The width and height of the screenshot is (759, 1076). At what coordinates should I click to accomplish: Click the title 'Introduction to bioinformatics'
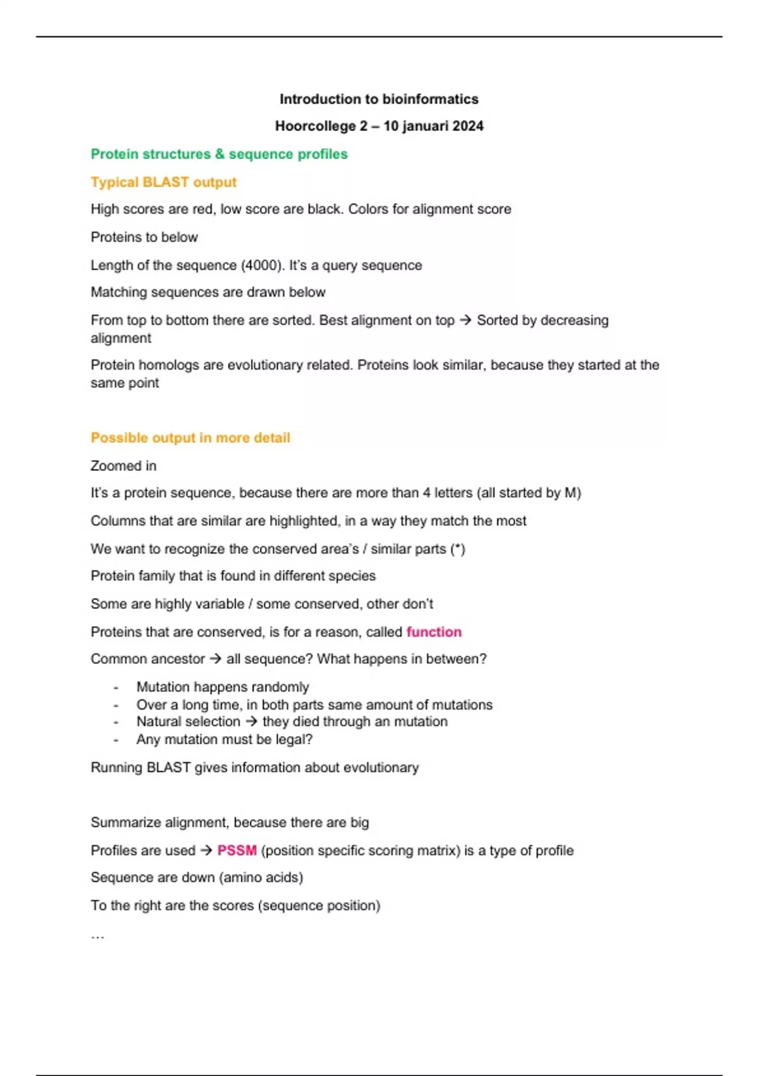coord(379,99)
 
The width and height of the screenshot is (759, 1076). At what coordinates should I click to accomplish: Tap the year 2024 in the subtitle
coord(467,126)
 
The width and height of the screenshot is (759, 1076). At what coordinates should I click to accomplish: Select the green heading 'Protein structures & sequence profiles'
coord(219,154)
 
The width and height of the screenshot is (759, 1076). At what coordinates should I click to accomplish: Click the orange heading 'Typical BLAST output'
coord(163,182)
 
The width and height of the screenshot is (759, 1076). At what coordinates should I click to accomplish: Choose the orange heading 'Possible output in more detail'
coord(190,438)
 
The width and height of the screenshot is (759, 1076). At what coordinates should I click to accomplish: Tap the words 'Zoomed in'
coord(123,466)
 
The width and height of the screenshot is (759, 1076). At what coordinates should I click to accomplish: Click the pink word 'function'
coord(434,632)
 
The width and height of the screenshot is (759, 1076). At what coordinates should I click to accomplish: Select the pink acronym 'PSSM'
coord(237,851)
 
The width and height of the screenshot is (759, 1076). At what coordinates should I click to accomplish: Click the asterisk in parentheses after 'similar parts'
coord(457,549)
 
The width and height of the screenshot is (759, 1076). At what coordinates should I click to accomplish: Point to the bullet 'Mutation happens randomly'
coord(223,687)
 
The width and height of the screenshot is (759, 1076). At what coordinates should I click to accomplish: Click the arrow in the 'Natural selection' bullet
coord(252,722)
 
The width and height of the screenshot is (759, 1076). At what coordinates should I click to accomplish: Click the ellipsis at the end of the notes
coord(97,935)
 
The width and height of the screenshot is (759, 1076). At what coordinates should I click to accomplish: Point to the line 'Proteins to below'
coord(144,237)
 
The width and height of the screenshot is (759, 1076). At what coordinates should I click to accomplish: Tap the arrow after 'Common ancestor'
coord(216,659)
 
